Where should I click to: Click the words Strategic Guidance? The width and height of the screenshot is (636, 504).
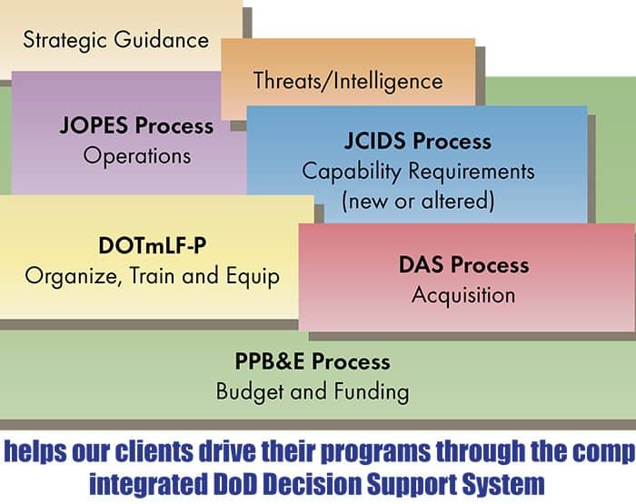click(x=116, y=40)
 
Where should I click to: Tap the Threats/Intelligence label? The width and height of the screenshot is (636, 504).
click(x=348, y=81)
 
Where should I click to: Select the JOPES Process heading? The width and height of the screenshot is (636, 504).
click(x=136, y=125)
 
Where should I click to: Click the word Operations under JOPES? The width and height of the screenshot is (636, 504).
click(x=137, y=156)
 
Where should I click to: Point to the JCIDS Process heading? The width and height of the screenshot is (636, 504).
click(x=418, y=141)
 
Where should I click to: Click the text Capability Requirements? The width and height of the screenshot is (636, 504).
click(x=418, y=172)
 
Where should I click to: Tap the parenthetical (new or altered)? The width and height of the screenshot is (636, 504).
click(x=418, y=201)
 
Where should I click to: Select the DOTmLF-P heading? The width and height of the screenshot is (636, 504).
click(x=153, y=245)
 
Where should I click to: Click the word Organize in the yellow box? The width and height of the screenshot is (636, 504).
click(x=71, y=277)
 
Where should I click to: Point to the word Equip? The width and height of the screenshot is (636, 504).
click(x=253, y=277)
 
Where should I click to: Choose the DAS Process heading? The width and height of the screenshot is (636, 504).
click(x=464, y=265)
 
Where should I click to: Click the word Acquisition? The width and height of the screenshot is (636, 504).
click(x=463, y=295)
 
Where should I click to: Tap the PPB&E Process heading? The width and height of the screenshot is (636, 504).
click(x=313, y=361)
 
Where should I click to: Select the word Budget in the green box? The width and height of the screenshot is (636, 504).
click(x=250, y=391)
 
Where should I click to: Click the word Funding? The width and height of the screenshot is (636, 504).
click(x=372, y=391)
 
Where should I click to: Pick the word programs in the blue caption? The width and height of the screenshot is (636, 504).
click(x=375, y=452)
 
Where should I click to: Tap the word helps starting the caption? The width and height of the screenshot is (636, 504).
click(x=35, y=452)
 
